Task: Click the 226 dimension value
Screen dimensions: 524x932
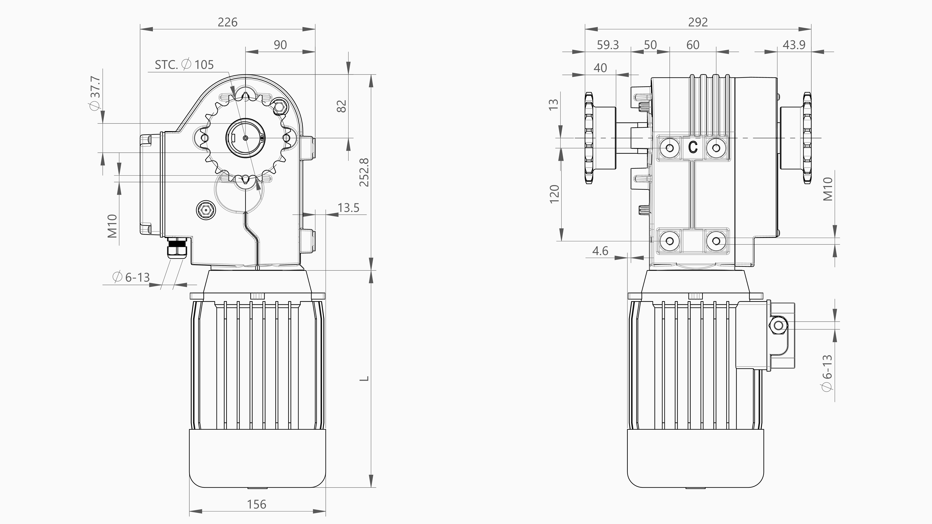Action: click(228, 22)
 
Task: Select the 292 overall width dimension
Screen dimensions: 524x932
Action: click(697, 22)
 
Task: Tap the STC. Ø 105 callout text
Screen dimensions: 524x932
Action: click(184, 65)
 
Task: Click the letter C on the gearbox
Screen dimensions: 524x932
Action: click(693, 147)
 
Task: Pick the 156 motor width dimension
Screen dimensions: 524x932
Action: click(257, 504)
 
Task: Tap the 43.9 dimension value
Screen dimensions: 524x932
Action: click(794, 45)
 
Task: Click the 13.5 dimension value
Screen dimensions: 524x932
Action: click(348, 208)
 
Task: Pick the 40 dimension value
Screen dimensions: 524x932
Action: click(600, 68)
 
